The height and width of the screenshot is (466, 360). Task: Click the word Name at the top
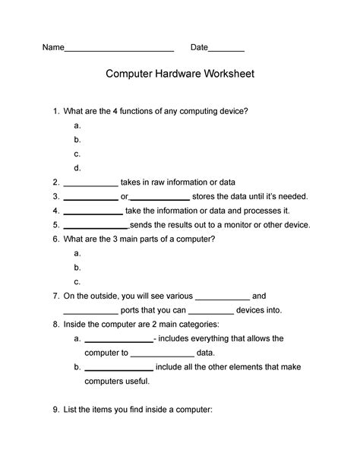pos(52,48)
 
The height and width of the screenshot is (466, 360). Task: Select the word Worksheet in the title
pos(229,76)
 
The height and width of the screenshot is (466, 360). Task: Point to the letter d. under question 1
pos(77,168)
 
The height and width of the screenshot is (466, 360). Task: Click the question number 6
pos(55,239)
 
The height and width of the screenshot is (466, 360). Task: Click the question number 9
pos(55,410)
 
